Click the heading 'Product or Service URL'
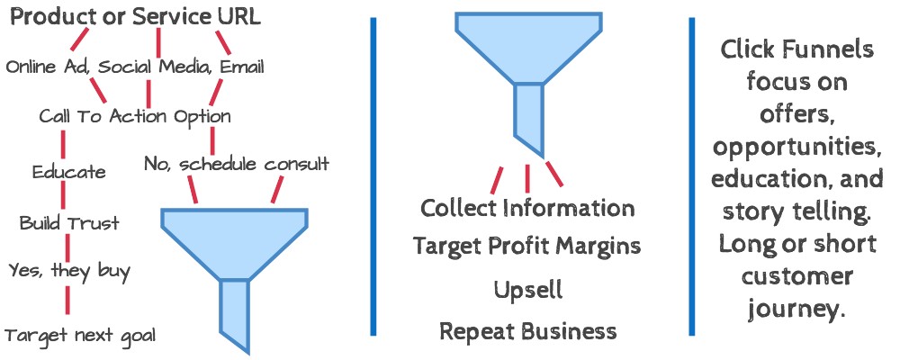[x=136, y=17]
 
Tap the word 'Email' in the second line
[x=242, y=67]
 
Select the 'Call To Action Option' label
[x=135, y=117]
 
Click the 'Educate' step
[x=69, y=172]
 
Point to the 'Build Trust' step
[x=69, y=222]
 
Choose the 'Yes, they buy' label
[x=69, y=270]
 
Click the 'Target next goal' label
[x=80, y=335]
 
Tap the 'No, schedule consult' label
[x=237, y=165]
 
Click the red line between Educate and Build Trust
[x=64, y=197]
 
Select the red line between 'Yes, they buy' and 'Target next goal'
[x=67, y=300]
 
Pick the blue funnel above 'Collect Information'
[x=528, y=80]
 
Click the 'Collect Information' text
[x=527, y=207]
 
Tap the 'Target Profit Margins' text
[x=526, y=247]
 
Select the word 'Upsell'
[x=528, y=291]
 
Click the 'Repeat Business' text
[x=528, y=331]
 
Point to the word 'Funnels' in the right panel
[x=831, y=50]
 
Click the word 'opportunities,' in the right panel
[x=797, y=149]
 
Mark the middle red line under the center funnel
[x=527, y=179]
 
